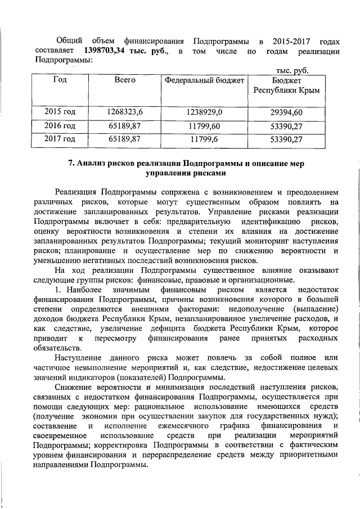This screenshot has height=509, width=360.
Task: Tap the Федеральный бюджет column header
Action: click(205, 80)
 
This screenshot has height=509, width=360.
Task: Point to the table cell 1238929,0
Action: click(205, 112)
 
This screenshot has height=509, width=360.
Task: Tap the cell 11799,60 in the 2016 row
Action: click(205, 125)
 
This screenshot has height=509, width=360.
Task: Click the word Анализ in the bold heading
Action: click(92, 164)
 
